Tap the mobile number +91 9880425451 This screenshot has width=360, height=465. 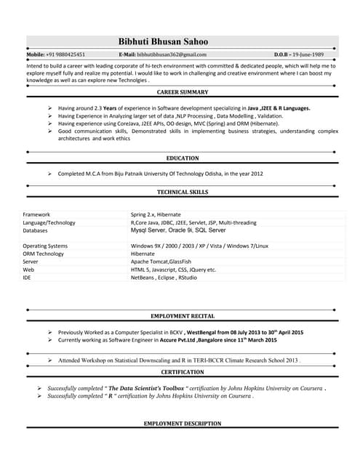coord(65,54)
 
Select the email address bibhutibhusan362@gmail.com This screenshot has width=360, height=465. coord(172,54)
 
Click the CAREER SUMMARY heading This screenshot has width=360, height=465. coord(183,92)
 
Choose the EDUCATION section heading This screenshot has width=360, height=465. coord(183,158)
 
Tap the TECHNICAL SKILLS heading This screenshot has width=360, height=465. coord(183,192)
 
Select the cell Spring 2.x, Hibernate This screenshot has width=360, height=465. coord(156,215)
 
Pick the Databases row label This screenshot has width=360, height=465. coord(36,230)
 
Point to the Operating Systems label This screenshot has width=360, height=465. coord(45,246)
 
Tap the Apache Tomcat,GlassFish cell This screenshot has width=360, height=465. coord(161,262)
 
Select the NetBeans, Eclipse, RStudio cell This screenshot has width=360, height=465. coord(163,278)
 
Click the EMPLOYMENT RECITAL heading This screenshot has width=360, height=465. coord(182,317)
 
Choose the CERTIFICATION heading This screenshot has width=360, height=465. coord(182,372)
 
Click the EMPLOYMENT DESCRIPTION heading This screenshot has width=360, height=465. coord(183,423)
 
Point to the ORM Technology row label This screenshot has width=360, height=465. coord(43,254)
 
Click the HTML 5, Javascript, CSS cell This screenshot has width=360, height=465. coord(173,270)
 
